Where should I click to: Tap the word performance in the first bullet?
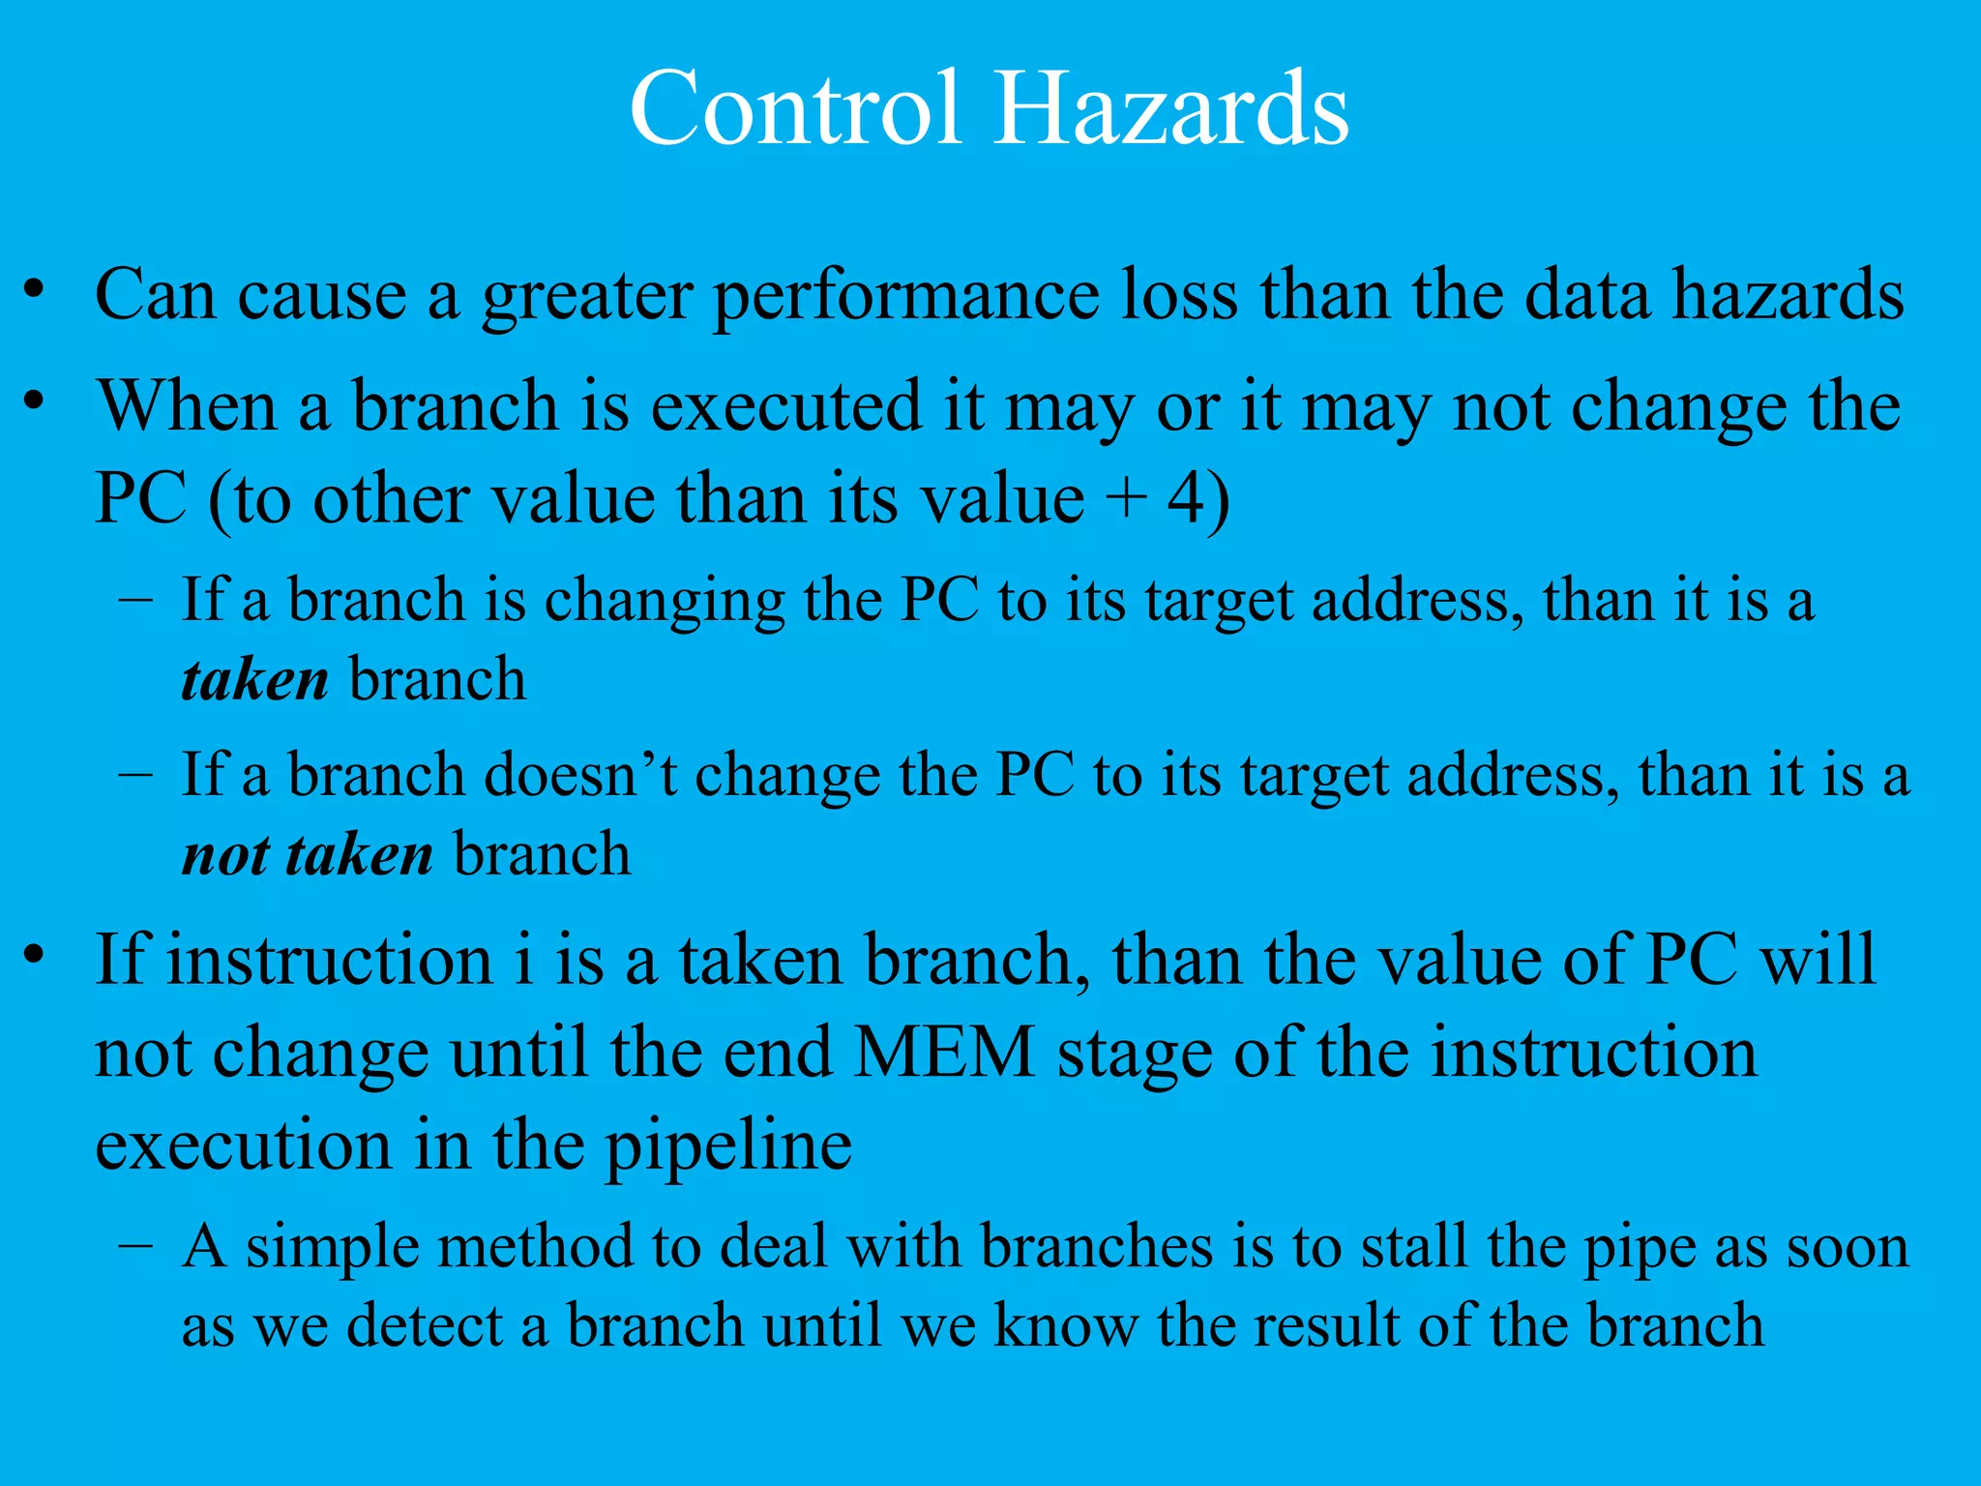[x=905, y=296]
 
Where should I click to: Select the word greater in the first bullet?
[x=586, y=296]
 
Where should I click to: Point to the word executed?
[x=785, y=406]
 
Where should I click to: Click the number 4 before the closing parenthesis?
[x=1186, y=499]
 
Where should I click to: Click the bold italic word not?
[x=226, y=855]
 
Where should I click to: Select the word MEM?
[x=944, y=1053]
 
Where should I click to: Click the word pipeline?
[x=727, y=1147]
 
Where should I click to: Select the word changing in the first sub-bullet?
[x=665, y=602]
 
